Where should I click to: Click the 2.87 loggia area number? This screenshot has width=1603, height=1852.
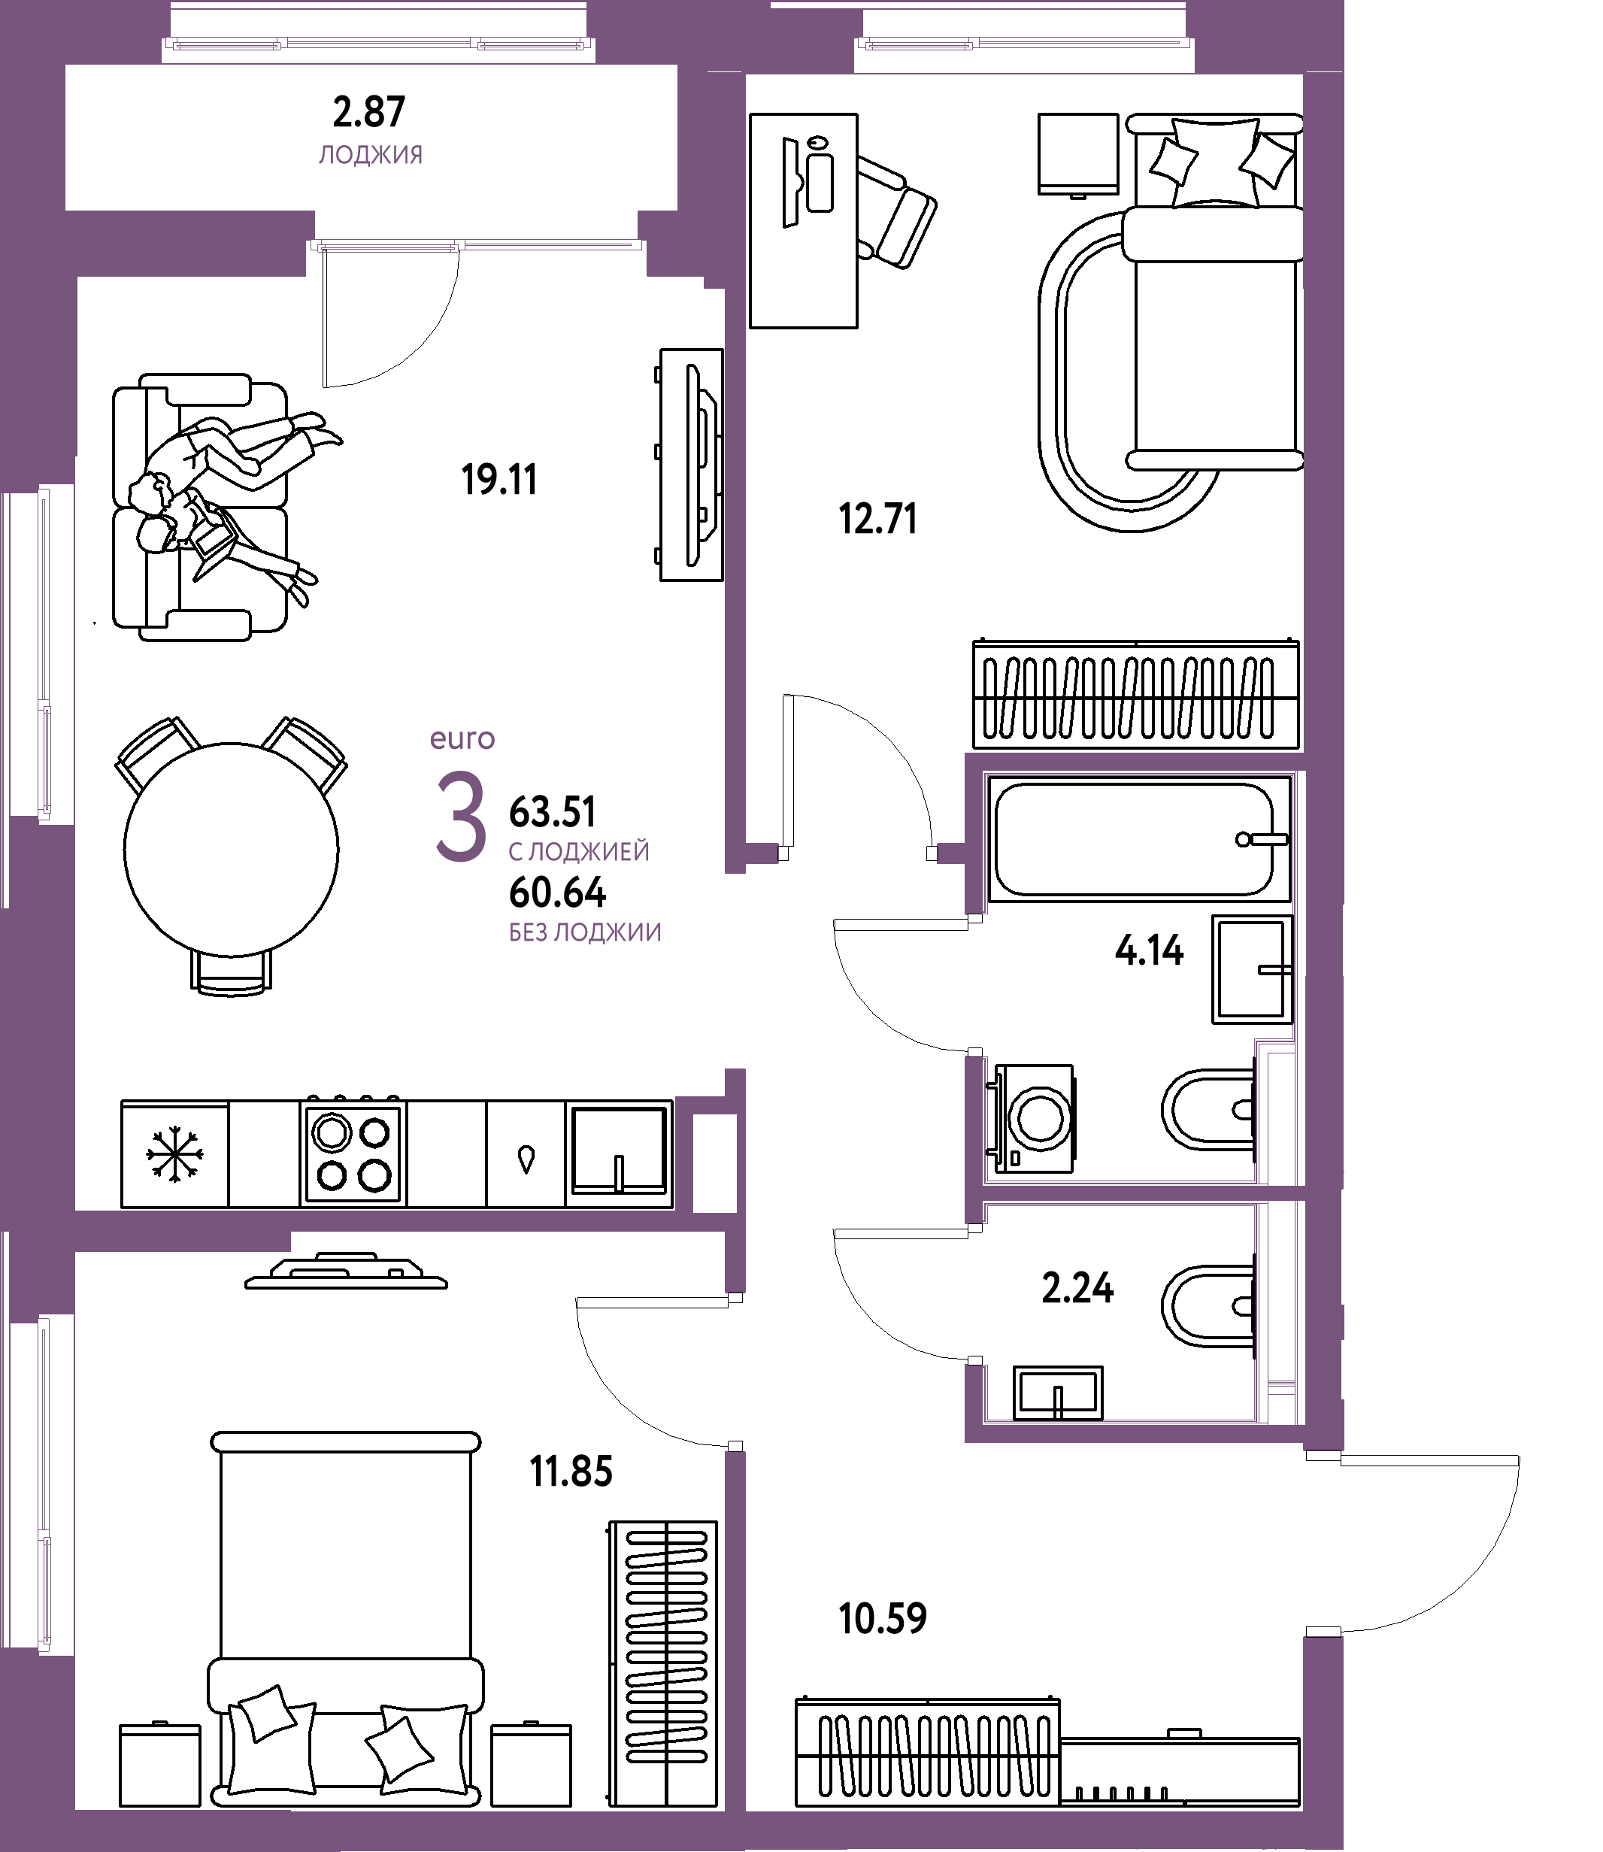368,113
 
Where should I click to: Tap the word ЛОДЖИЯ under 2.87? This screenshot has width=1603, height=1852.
371,155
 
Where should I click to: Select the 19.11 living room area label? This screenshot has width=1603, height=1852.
499,480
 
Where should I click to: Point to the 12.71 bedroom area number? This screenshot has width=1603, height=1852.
877,519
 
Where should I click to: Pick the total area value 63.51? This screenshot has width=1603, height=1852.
552,812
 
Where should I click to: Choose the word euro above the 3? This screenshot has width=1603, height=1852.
462,739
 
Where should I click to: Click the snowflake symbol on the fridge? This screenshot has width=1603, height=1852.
174,1154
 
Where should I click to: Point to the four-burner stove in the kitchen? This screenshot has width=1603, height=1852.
353,1153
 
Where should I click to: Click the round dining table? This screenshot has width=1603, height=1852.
232,849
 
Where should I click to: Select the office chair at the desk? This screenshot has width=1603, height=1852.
895,212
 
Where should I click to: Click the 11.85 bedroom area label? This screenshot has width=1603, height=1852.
571,1472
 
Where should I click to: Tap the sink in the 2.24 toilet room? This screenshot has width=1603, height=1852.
1058,1393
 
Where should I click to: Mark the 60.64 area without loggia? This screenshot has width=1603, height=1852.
557,893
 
